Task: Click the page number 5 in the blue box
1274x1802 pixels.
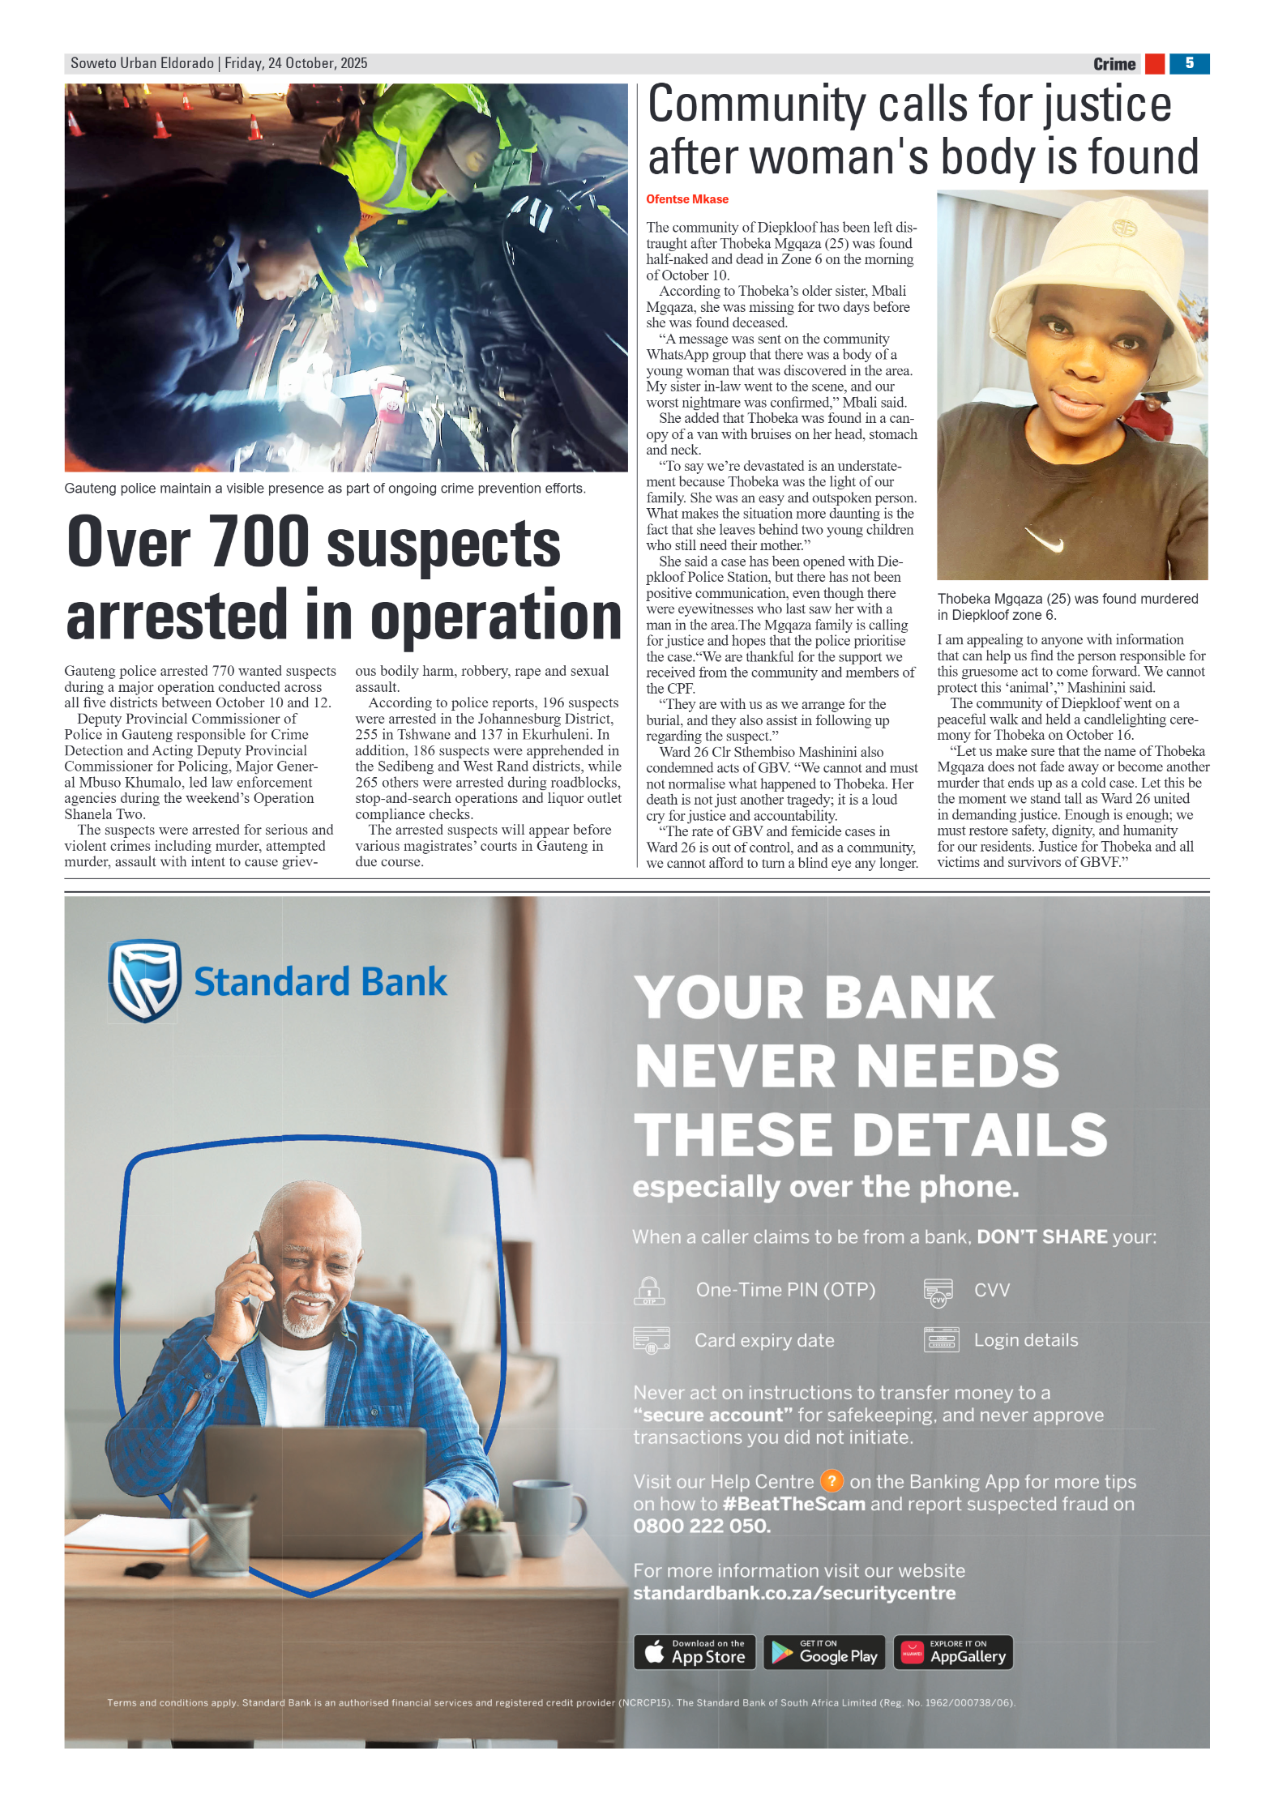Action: pyautogui.click(x=1188, y=63)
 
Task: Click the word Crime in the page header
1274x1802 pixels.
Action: pyautogui.click(x=1114, y=64)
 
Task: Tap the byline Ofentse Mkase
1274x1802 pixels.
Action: pyautogui.click(x=686, y=199)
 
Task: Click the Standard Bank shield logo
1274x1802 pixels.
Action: pyautogui.click(x=144, y=980)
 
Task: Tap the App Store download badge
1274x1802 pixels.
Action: pyautogui.click(x=694, y=1652)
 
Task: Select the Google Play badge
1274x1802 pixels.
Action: pyautogui.click(x=823, y=1652)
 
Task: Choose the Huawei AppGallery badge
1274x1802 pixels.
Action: pyautogui.click(x=952, y=1652)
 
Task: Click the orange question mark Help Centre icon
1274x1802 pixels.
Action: pyautogui.click(x=832, y=1481)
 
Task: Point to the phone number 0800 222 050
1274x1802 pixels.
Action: pyautogui.click(x=701, y=1526)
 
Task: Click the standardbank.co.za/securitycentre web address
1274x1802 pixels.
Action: pyautogui.click(x=793, y=1593)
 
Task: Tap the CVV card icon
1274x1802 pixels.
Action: pyautogui.click(x=938, y=1292)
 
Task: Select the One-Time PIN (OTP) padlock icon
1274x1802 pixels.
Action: pyautogui.click(x=649, y=1291)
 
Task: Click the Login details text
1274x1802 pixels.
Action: pyautogui.click(x=1025, y=1340)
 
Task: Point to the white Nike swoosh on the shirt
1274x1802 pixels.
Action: pyautogui.click(x=1044, y=539)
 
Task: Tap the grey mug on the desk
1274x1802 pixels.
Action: pyautogui.click(x=546, y=1516)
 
